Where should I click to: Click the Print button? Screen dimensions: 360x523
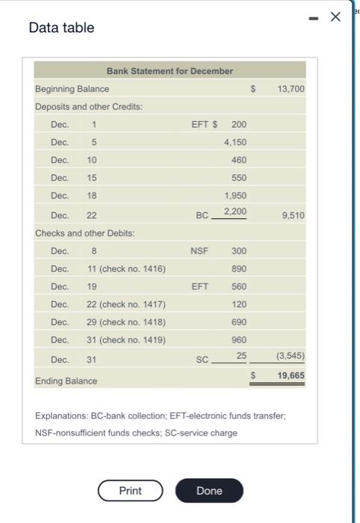click(x=130, y=491)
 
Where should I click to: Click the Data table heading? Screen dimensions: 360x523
click(x=61, y=28)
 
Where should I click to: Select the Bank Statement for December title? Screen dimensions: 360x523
click(x=170, y=71)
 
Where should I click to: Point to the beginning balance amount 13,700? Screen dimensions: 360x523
click(x=291, y=89)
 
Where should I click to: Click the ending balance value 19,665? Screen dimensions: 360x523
click(x=291, y=376)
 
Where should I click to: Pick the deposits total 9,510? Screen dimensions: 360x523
click(x=294, y=215)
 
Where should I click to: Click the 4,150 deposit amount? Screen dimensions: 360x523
click(x=235, y=142)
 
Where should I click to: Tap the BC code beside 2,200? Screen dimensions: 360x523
click(x=202, y=215)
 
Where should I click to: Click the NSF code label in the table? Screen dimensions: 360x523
click(x=199, y=251)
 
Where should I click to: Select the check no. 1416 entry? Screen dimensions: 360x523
click(x=126, y=269)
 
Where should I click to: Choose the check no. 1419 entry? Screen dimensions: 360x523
click(x=126, y=341)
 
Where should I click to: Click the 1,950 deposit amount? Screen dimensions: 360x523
click(x=235, y=196)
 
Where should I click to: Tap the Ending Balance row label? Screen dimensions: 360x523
click(x=66, y=381)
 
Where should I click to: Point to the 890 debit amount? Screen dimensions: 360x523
click(x=239, y=269)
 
